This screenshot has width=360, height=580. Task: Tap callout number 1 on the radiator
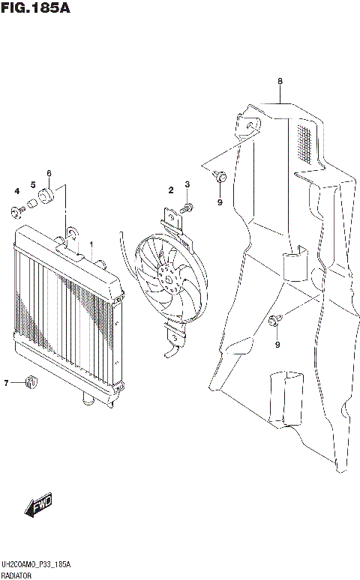click(91, 245)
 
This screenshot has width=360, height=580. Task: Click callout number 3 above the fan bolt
click(187, 184)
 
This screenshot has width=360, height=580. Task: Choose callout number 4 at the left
click(16, 191)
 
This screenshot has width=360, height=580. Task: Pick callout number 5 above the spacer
click(33, 185)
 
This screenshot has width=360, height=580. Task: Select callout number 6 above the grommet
click(49, 174)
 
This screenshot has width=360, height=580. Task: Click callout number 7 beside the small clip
click(6, 383)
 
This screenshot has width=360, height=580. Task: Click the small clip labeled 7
click(31, 382)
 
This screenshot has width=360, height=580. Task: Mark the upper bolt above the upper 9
click(220, 178)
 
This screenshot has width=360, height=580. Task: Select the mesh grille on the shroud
click(303, 144)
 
